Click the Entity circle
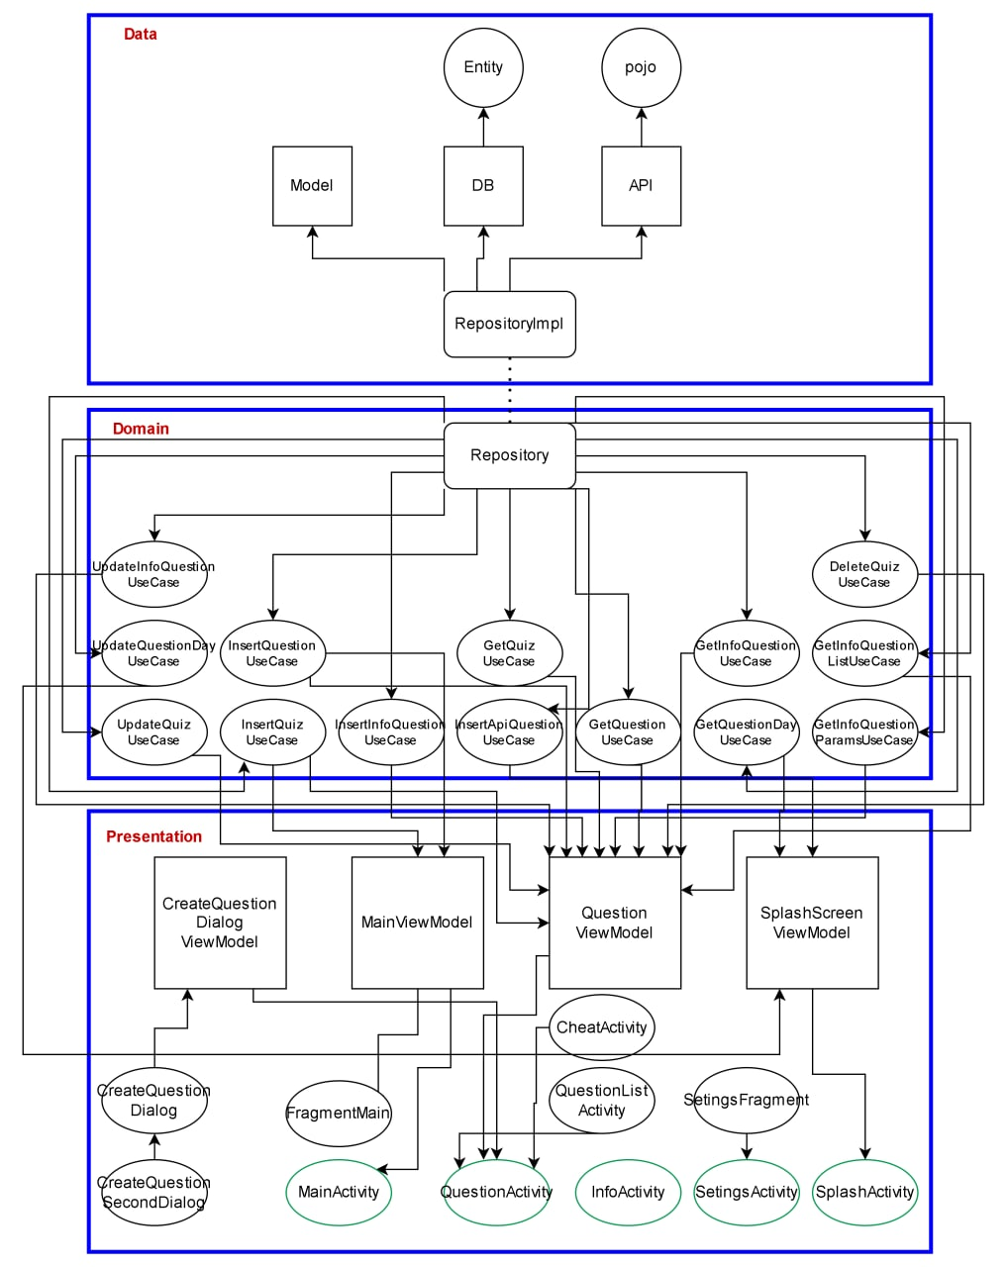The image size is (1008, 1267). [x=483, y=67]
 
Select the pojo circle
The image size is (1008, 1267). [x=641, y=67]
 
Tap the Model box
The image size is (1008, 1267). [x=312, y=186]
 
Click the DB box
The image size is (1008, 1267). [x=483, y=186]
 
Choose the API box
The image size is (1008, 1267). [x=641, y=186]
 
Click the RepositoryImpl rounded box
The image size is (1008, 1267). [x=509, y=324]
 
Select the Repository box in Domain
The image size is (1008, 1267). [x=509, y=455]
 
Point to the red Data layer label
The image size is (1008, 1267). [x=140, y=34]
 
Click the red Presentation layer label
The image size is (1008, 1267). [x=153, y=836]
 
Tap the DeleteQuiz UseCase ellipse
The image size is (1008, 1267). [x=864, y=574]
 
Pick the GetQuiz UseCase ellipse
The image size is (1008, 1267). [x=509, y=653]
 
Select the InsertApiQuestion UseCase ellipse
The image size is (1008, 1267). [x=509, y=732]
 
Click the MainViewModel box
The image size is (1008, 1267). [x=417, y=923]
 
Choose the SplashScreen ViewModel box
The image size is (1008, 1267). [x=812, y=923]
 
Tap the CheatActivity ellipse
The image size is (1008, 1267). [x=601, y=1027]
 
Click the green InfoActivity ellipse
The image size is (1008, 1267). [x=628, y=1192]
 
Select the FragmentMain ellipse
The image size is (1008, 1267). [x=339, y=1113]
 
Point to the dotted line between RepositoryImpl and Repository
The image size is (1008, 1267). [x=510, y=390]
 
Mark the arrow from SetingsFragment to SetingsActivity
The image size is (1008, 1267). [x=747, y=1146]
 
